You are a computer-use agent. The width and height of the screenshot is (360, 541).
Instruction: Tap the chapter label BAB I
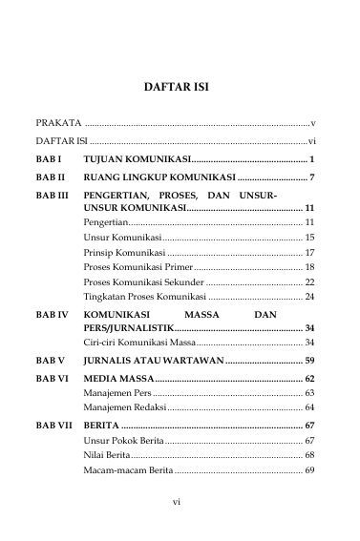49,158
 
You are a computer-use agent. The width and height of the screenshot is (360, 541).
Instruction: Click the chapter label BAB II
51,177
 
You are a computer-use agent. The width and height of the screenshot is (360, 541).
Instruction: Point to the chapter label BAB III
53,194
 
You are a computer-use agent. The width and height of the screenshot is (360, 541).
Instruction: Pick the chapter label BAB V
50,361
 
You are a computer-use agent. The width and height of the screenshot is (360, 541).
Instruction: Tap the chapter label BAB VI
52,379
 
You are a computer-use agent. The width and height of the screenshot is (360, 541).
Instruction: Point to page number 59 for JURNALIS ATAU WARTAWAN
309,361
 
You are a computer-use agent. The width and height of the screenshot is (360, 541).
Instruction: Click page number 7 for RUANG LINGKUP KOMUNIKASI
312,177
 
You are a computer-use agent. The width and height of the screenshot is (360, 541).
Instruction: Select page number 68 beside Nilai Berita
309,455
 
